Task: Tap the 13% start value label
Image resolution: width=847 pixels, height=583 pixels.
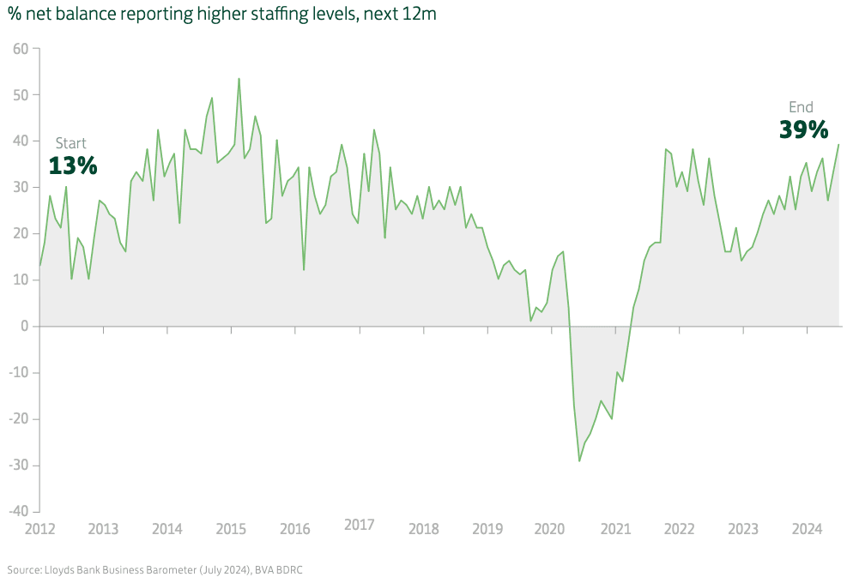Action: (73, 165)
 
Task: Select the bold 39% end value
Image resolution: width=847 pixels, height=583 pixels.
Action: (803, 129)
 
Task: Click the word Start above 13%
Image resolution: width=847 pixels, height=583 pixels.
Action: (71, 143)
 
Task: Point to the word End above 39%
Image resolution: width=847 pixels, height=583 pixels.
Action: (801, 107)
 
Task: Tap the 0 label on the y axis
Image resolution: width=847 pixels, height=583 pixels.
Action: (26, 327)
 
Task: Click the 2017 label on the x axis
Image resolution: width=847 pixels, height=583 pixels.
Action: (360, 524)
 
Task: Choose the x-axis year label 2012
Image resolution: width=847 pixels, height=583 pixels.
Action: (39, 529)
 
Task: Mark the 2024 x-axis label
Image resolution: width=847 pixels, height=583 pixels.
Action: (807, 529)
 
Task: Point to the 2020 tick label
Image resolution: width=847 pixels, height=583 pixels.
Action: (550, 529)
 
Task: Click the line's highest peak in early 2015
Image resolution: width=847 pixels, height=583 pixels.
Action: (239, 79)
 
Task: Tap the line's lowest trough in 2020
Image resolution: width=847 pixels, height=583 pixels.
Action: (579, 461)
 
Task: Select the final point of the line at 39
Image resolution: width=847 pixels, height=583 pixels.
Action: (838, 145)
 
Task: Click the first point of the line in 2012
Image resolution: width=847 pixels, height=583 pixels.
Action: (40, 266)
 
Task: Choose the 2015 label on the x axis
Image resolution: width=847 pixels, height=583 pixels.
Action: (231, 529)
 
